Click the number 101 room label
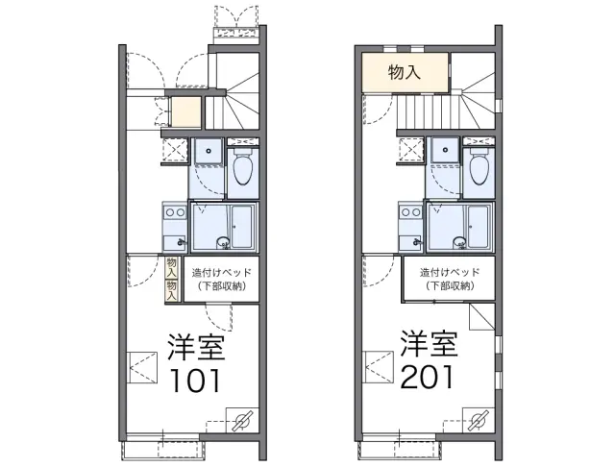click(195, 381)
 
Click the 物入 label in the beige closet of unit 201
click(405, 72)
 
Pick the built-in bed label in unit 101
click(222, 280)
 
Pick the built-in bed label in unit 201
click(450, 279)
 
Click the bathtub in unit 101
click(241, 227)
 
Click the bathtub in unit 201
click(479, 227)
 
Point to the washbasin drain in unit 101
click(209, 151)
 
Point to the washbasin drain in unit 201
click(445, 150)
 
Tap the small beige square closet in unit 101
click(186, 111)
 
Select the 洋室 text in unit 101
click(196, 347)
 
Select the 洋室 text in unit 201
click(430, 343)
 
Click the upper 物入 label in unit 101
click(171, 267)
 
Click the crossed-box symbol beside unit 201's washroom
click(411, 150)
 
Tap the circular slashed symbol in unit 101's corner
click(242, 420)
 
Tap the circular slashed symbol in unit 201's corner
click(479, 420)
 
